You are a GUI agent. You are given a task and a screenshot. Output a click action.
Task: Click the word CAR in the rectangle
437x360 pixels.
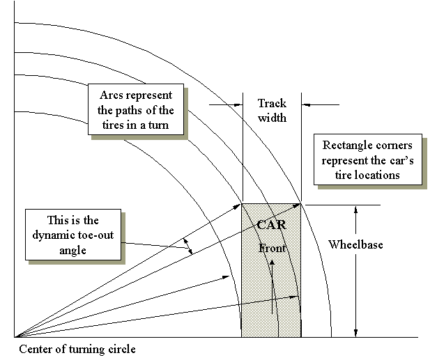click(271, 225)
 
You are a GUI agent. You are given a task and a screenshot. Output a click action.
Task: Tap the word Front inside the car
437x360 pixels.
click(272, 248)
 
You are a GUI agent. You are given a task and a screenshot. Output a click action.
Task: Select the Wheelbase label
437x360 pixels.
click(355, 245)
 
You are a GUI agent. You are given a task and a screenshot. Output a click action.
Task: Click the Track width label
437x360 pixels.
click(272, 110)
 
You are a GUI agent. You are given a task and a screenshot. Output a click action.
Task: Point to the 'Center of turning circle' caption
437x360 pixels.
click(77, 349)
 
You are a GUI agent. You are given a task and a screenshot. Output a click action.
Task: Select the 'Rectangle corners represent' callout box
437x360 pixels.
click(367, 160)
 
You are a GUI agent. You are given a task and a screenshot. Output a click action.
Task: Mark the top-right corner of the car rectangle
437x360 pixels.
click(301, 204)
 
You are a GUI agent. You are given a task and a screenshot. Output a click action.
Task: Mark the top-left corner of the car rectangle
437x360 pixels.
click(241, 204)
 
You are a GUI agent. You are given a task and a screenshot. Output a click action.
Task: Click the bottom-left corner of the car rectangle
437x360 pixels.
click(241, 337)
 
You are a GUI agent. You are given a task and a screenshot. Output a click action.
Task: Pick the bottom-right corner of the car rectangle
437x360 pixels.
click(301, 337)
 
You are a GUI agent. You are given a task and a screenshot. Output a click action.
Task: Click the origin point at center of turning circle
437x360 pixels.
click(15, 337)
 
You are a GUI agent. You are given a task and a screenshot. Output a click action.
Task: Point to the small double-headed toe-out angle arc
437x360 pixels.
click(188, 245)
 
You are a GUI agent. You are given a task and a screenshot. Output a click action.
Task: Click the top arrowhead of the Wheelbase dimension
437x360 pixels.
click(355, 209)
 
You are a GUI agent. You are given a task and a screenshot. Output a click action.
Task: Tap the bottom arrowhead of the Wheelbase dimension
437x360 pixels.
click(355, 333)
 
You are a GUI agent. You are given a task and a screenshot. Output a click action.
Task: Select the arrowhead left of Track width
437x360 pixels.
click(237, 105)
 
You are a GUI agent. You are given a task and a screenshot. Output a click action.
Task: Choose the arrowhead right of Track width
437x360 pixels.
click(305, 105)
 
